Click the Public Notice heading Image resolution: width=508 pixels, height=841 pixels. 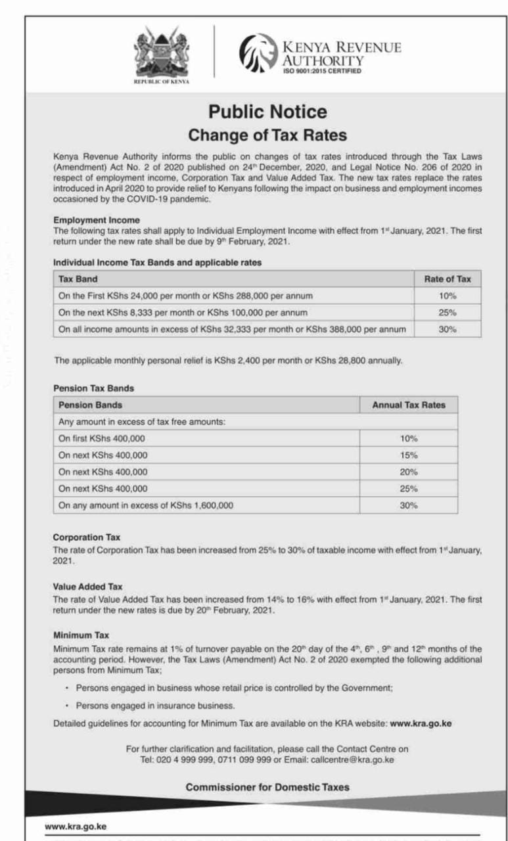pos(267,111)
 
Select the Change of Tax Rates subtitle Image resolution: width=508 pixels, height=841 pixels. pos(267,135)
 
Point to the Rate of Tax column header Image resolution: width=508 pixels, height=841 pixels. pos(448,279)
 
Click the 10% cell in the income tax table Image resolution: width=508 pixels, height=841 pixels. pos(448,296)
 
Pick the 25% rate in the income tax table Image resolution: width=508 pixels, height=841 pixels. pos(448,313)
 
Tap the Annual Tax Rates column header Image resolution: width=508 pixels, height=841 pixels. pos(408,405)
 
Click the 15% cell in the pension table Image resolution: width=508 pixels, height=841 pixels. pos(408,455)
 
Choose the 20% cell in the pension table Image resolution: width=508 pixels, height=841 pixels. pos(408,472)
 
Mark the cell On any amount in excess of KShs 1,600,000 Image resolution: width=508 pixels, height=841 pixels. pos(145,506)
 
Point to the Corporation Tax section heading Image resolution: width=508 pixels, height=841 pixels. pos(86,537)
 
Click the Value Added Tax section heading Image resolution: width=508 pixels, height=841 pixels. pos(87,586)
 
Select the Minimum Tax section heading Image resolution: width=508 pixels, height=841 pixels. pos(81,635)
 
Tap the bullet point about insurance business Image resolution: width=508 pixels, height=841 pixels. pos(155,706)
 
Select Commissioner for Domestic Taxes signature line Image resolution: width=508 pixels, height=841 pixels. pos(267,786)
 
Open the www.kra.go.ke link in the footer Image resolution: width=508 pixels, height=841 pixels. pos(76,827)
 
